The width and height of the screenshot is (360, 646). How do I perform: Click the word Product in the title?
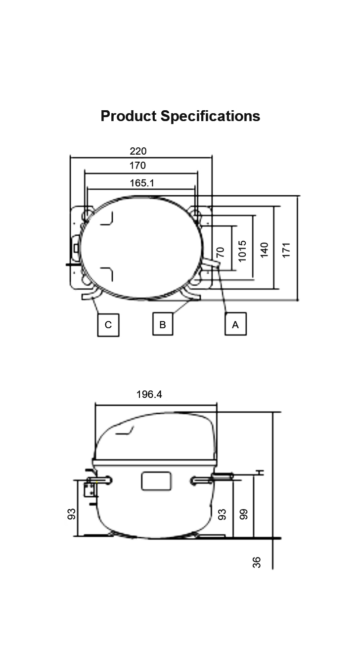tap(129, 116)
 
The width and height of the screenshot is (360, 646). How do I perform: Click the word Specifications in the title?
tap(210, 117)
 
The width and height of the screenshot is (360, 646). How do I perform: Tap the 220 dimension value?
tap(138, 151)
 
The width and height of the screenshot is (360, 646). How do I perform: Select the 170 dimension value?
tap(137, 165)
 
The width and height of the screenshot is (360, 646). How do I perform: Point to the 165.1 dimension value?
tap(141, 183)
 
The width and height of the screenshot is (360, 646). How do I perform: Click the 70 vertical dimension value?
tap(220, 252)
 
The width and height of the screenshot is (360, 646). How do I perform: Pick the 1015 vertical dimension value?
tap(242, 251)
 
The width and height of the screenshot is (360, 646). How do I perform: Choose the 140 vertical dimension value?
tap(264, 250)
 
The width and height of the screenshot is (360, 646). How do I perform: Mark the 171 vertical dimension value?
tap(286, 250)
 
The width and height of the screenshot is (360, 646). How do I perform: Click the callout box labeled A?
tap(235, 324)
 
